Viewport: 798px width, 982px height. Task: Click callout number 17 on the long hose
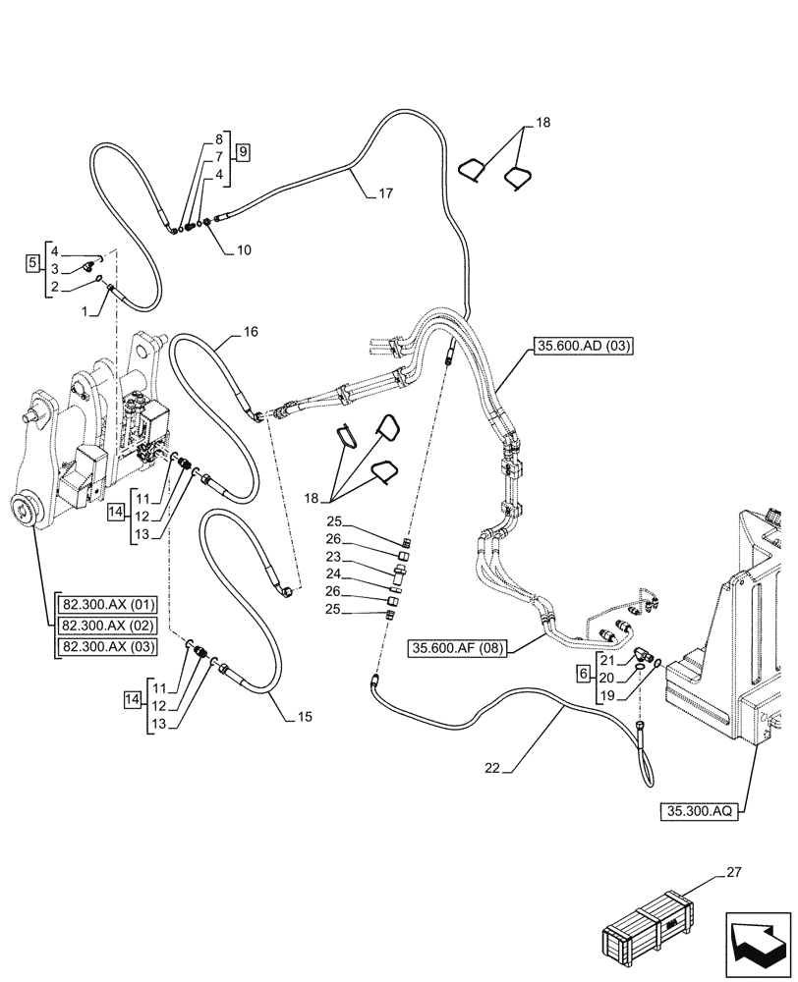(385, 194)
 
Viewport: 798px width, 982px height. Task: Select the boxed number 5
(32, 263)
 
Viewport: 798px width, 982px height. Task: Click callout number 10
(244, 250)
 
